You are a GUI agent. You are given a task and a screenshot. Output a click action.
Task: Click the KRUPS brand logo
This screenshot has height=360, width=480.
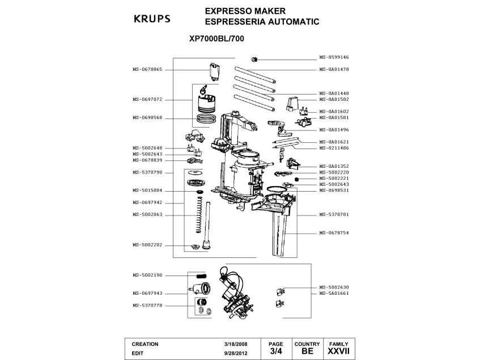151,19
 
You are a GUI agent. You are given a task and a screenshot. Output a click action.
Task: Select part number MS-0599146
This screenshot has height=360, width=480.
334,57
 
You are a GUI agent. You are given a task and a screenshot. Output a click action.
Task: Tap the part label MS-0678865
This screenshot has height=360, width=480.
147,70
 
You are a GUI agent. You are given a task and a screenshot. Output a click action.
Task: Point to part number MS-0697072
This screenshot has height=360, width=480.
147,99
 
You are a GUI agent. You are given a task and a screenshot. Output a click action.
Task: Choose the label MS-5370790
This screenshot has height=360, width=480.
147,172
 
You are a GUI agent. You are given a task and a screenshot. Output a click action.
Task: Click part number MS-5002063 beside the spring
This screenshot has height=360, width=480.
147,214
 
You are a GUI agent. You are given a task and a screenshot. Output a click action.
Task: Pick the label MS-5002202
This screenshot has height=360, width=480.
147,245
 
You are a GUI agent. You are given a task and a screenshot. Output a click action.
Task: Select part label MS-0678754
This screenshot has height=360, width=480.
334,233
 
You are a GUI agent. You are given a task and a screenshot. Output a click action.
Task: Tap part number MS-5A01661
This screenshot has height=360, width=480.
334,294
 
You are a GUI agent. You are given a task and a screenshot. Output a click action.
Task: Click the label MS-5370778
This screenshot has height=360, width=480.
147,306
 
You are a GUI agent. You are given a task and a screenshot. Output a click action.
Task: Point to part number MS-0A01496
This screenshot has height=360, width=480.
334,129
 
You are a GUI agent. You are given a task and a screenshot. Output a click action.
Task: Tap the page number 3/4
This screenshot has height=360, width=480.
275,352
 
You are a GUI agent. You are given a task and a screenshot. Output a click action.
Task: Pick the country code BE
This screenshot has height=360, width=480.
307,352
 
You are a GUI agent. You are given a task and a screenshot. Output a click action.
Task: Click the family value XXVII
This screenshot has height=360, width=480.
338,352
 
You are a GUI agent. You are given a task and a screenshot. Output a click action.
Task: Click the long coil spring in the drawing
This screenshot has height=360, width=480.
198,218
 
